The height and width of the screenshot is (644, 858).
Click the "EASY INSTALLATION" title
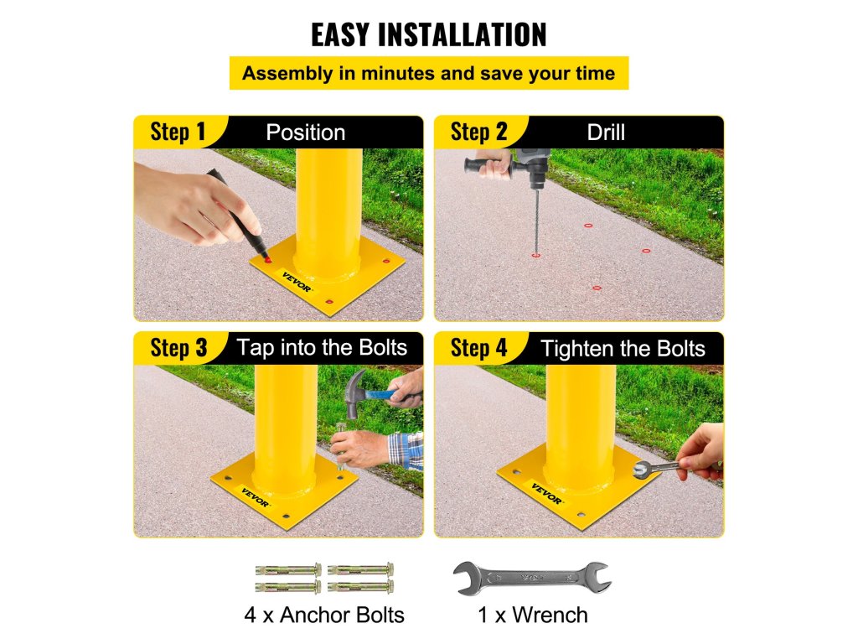428,35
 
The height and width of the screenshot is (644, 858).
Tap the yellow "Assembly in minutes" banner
429,73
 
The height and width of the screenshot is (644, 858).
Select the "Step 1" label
178,132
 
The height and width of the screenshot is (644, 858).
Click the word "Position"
305,132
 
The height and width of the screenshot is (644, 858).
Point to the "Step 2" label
478,132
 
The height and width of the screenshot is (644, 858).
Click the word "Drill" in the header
606,132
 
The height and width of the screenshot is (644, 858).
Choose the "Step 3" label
178,348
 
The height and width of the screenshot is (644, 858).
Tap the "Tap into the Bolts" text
322,348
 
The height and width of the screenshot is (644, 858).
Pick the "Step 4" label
478,348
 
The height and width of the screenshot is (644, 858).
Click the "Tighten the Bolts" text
623,349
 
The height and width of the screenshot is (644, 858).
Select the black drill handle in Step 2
486,164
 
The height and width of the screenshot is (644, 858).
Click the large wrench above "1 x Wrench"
532,578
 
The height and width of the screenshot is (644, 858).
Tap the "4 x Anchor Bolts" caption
324,615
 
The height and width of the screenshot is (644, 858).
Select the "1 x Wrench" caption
532,615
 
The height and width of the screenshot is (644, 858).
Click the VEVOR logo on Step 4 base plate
546,493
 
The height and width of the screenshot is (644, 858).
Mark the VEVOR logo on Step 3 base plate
255,497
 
